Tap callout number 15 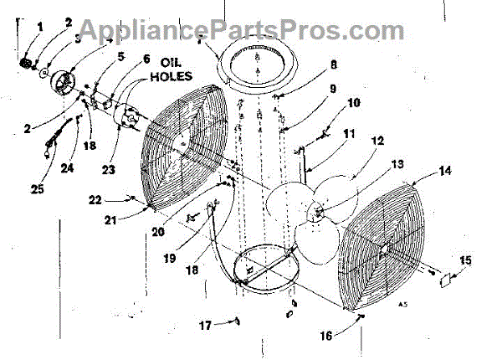(465, 261)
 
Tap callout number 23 (109, 171)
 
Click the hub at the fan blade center (318, 209)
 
